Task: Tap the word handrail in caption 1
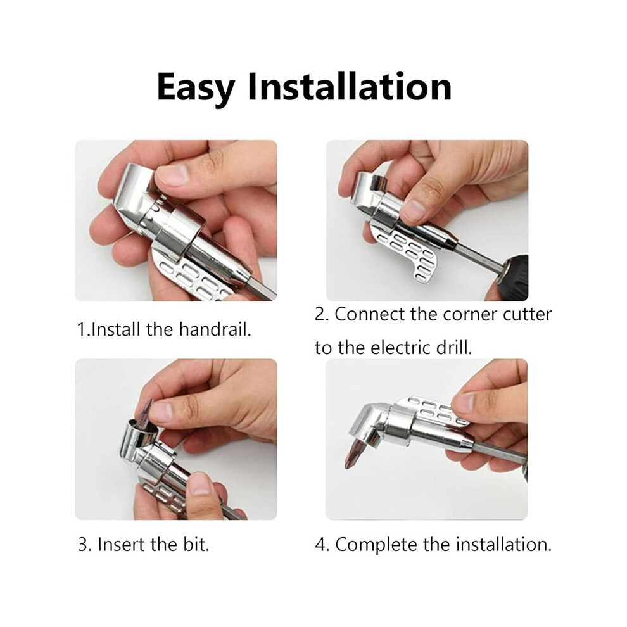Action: pyautogui.click(x=215, y=330)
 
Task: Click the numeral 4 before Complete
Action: pyautogui.click(x=320, y=545)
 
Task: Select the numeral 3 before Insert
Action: pyautogui.click(x=83, y=545)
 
